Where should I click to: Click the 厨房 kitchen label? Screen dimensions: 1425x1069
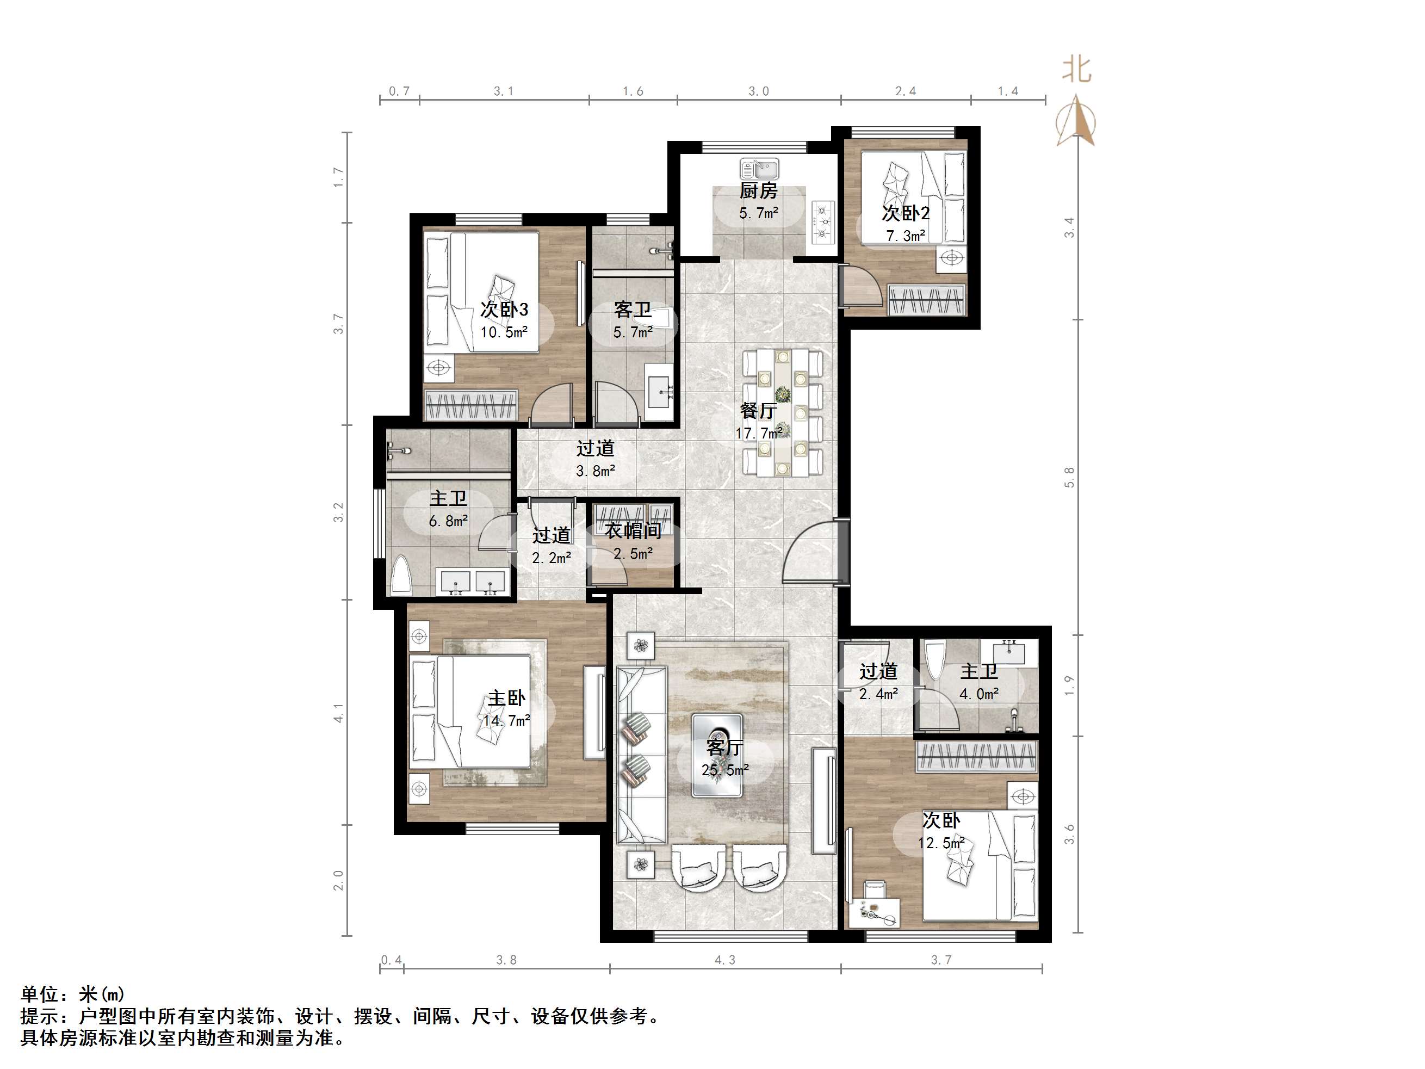point(758,191)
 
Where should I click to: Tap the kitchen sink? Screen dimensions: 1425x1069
point(759,170)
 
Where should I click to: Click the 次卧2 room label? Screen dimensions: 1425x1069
point(905,213)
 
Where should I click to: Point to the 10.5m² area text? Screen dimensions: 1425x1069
point(504,332)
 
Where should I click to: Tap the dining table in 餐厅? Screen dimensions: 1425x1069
point(783,413)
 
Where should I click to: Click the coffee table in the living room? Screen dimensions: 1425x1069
point(717,755)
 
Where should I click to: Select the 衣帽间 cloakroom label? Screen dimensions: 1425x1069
point(633,531)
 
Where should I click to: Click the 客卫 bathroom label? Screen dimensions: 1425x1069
point(633,310)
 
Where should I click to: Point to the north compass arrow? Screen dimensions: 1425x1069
point(1075,120)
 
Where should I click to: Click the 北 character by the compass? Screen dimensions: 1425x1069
point(1076,70)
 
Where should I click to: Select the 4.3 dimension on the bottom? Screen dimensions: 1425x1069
point(725,960)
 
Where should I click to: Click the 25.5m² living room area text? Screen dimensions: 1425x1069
point(725,770)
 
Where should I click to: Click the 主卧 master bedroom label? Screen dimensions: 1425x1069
point(506,698)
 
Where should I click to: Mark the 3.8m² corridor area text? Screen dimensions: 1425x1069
point(595,471)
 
